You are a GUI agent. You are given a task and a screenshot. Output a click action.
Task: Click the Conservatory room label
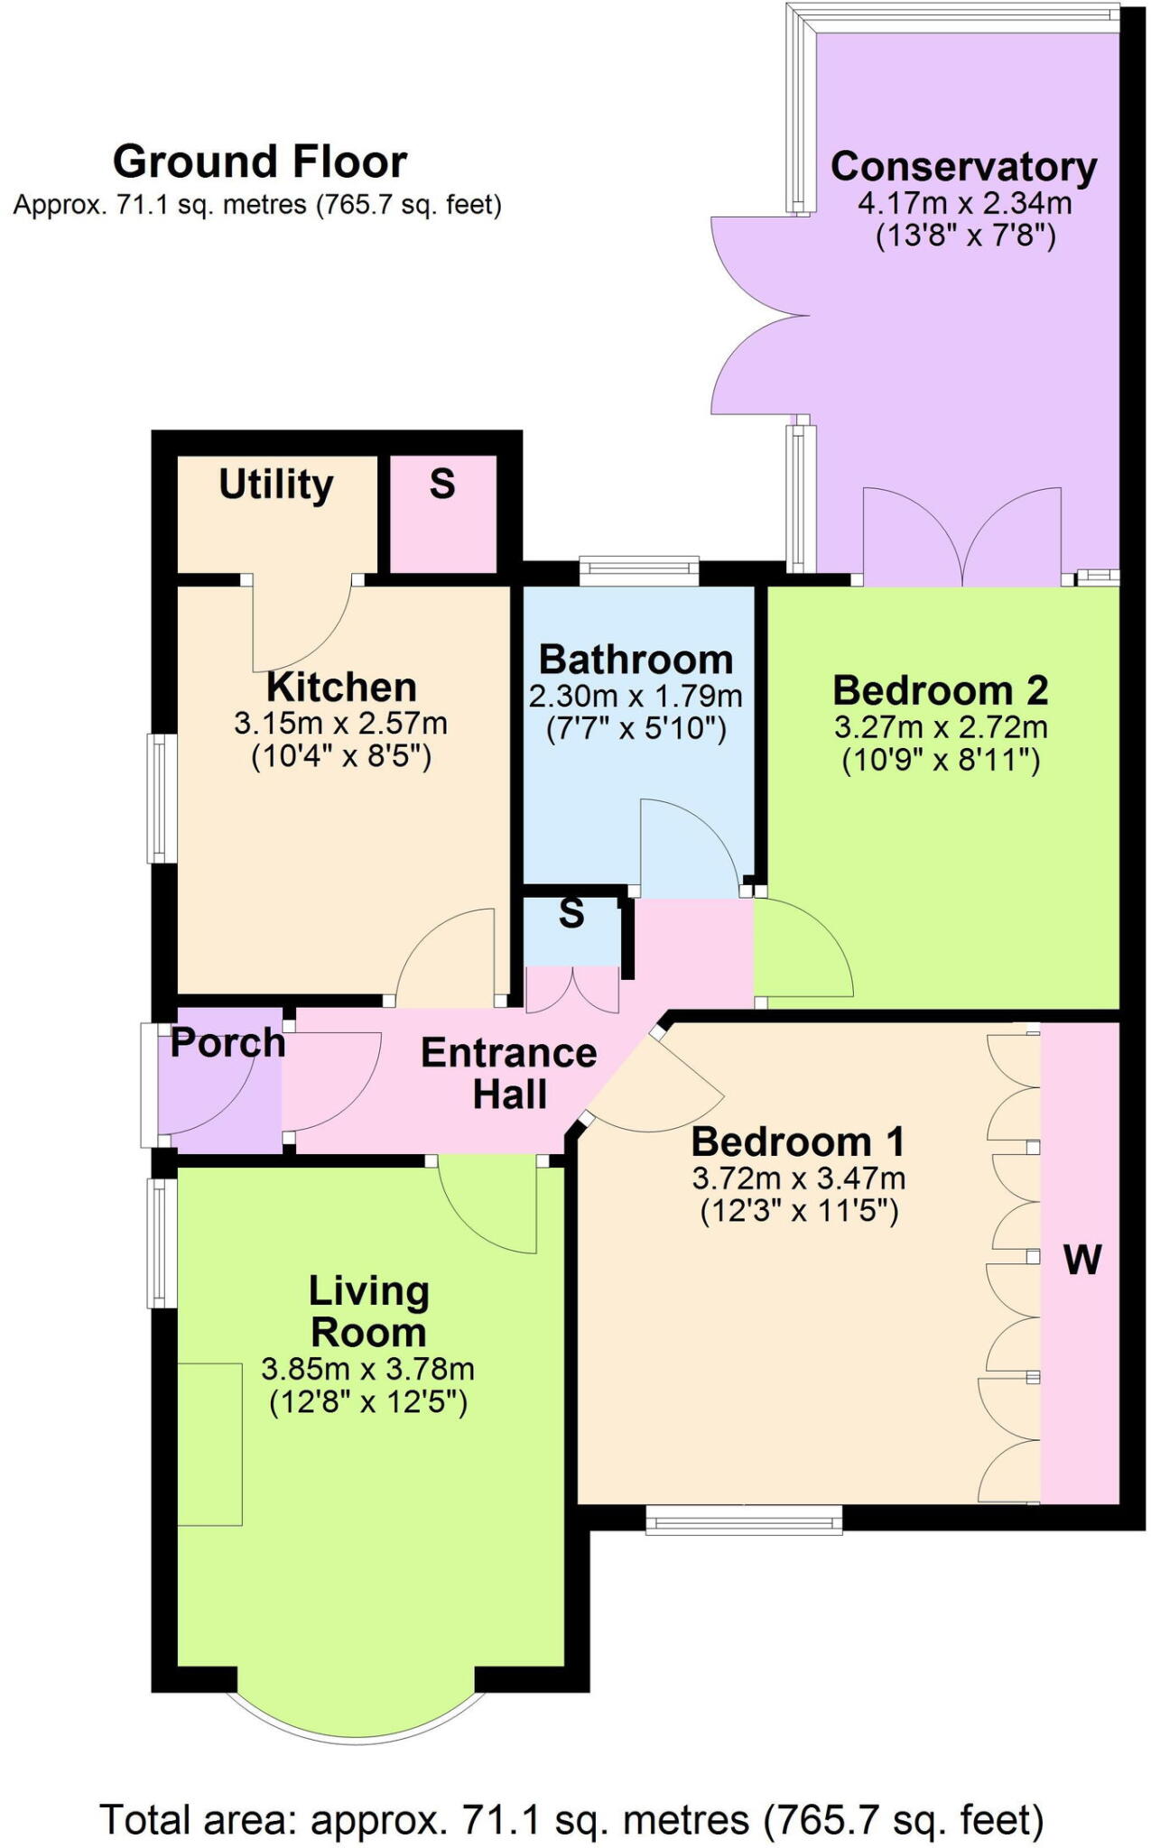point(963,167)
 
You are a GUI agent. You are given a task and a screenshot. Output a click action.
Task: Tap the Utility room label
point(276,485)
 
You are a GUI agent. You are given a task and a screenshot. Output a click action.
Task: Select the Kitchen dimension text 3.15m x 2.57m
point(340,724)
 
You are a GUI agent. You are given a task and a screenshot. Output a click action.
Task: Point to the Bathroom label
point(636,660)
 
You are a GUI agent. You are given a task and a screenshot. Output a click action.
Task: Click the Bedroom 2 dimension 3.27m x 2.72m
point(941,727)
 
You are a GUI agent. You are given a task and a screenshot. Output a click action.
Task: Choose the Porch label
point(227,1043)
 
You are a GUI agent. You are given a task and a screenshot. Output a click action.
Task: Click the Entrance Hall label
point(509,1074)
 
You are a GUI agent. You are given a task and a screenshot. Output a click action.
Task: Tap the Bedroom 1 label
point(798,1142)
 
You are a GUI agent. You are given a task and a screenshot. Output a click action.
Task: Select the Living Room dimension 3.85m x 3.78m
point(367,1370)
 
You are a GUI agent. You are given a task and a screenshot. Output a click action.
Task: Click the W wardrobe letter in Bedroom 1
point(1082,1260)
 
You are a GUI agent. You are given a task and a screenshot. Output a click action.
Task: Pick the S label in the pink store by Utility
point(442,485)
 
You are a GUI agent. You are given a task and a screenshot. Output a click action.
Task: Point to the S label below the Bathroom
point(571,914)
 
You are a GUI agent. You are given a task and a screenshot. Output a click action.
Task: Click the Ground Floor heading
point(259,162)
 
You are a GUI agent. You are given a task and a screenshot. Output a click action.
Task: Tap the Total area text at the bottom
point(571,1820)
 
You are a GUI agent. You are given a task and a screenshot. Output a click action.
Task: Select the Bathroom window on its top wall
point(639,568)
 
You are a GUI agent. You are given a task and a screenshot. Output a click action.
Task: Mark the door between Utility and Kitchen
point(302,623)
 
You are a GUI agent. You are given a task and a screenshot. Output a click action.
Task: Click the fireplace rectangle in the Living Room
point(209,1444)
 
